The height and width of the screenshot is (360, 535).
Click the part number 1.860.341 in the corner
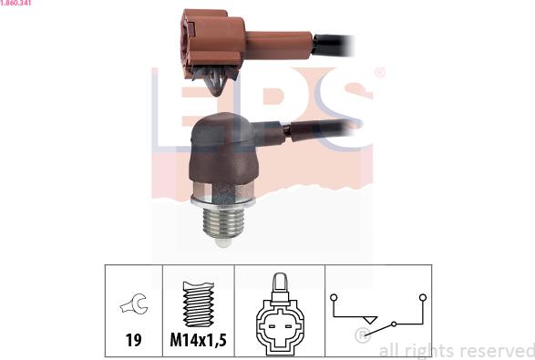[15, 3]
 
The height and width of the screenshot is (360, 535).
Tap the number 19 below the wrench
[133, 340]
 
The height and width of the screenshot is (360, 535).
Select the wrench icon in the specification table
[134, 303]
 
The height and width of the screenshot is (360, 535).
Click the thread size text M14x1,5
[199, 340]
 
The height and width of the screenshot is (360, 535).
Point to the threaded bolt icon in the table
[199, 303]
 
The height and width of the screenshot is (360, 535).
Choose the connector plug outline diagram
[280, 314]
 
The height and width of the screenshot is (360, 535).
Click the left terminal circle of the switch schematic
[334, 297]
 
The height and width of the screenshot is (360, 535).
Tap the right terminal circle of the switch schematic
[423, 297]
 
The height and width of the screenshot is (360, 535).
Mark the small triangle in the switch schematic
[369, 320]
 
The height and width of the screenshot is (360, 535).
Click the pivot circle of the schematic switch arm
[394, 324]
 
